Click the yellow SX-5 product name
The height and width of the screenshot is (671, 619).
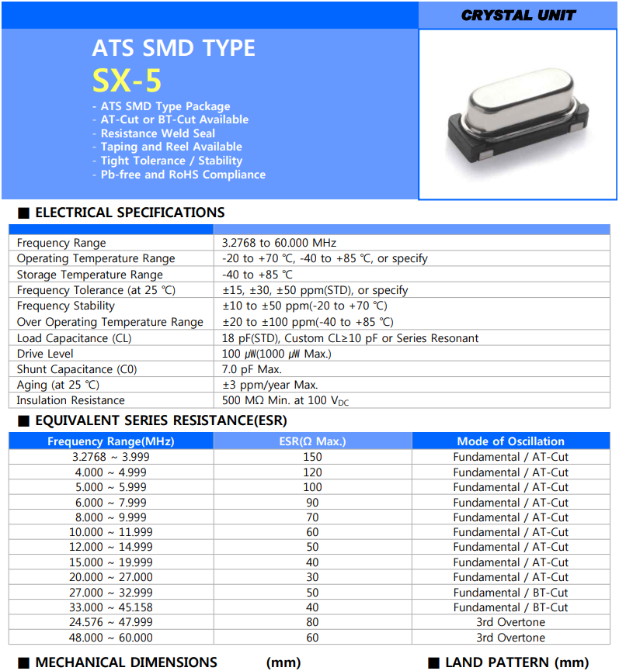[127, 80]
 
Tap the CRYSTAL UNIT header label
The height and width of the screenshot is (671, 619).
[518, 15]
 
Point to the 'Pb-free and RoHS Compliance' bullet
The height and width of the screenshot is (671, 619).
[183, 175]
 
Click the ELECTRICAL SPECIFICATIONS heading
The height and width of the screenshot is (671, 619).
[130, 213]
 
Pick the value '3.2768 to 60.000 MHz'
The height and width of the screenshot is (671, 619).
[279, 243]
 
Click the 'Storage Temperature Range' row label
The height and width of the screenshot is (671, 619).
[90, 275]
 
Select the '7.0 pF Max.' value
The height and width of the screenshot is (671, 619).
[252, 369]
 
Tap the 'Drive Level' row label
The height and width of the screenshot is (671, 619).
[47, 354]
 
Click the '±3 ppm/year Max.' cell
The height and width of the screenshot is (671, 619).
[270, 385]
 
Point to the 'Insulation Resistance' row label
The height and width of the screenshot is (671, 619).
[71, 400]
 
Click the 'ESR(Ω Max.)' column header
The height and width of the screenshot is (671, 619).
[312, 441]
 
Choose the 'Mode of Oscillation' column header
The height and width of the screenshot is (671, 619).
[510, 441]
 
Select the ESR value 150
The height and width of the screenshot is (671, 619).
[312, 457]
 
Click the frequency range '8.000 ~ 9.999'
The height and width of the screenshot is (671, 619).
[110, 517]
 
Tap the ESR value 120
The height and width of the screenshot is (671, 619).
[312, 472]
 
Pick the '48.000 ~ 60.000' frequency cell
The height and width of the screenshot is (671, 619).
[110, 638]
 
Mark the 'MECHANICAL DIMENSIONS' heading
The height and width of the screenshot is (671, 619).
[126, 662]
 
